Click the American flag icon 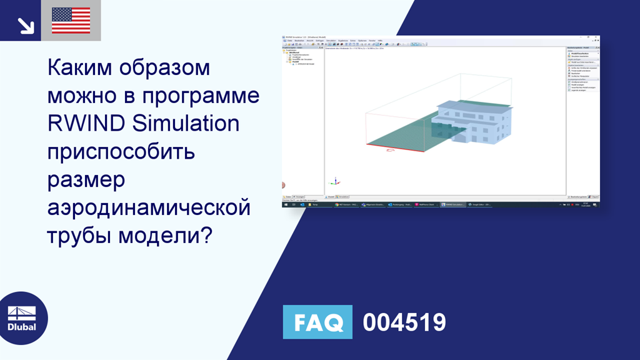point(71,21)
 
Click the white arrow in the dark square point(26,25)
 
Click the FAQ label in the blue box point(317,322)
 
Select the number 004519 point(404,322)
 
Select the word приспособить point(121,152)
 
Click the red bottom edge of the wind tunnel point(394,148)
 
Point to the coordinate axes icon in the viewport point(335,182)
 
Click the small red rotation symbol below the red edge point(391,151)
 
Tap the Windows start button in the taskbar point(285,204)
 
